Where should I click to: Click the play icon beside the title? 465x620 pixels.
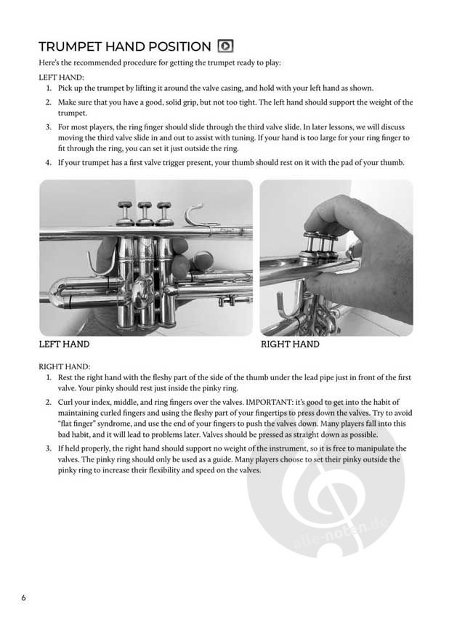click(226, 46)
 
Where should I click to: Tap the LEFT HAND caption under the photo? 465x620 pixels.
click(64, 344)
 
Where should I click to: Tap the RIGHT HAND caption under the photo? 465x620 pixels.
click(290, 344)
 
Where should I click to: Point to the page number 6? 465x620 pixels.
click(23, 598)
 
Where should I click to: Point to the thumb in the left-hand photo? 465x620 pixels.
click(108, 251)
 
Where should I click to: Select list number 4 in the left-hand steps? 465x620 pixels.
click(49, 162)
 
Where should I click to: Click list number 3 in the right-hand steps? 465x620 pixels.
click(49, 448)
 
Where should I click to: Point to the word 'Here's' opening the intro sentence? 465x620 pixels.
click(50, 63)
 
